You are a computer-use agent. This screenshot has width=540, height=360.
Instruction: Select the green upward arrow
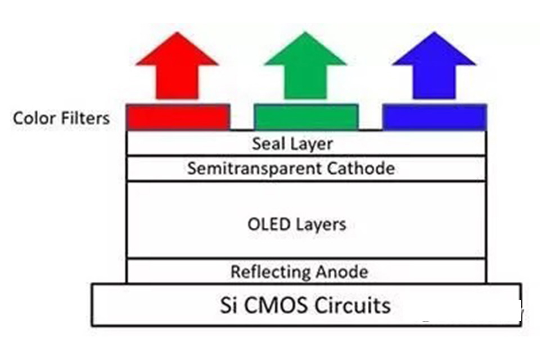[x=305, y=67]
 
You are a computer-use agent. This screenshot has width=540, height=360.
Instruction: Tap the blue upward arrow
[x=434, y=67]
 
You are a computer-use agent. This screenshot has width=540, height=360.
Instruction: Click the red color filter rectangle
[x=178, y=117]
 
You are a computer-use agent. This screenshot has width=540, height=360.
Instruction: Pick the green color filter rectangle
[x=306, y=117]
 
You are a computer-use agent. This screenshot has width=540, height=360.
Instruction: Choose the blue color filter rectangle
[x=434, y=117]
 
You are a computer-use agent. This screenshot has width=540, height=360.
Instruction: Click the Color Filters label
[x=61, y=118]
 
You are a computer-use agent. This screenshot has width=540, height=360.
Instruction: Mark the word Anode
[x=342, y=272]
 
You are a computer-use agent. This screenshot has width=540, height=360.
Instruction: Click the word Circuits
[x=352, y=305]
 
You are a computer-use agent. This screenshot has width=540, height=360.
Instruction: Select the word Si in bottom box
[x=227, y=305]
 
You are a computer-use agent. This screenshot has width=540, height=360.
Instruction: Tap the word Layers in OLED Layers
[x=319, y=224]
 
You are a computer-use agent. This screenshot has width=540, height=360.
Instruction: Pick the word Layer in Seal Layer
[x=311, y=144]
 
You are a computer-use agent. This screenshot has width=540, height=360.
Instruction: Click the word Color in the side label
[x=33, y=118]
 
